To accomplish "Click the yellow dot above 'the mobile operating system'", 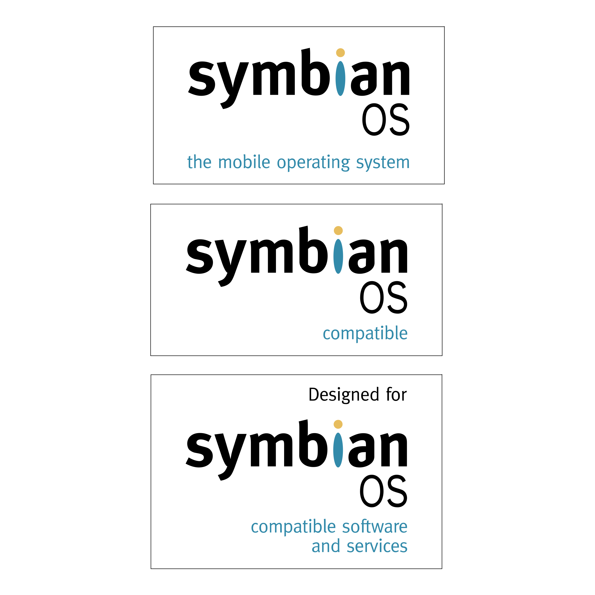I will coord(340,53).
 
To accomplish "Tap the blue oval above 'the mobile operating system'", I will coord(340,79).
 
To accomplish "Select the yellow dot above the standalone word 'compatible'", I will coord(338,230).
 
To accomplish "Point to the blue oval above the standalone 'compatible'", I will coord(338,256).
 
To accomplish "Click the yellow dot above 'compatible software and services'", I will coord(338,424).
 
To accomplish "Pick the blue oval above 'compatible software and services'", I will coord(338,450).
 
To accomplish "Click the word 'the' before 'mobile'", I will coord(199,162).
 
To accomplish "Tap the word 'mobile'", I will coord(244,162).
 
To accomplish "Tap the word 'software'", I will coord(375,527).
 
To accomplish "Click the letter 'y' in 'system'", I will coord(368,164).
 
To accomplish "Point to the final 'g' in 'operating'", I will coord(346,164).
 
